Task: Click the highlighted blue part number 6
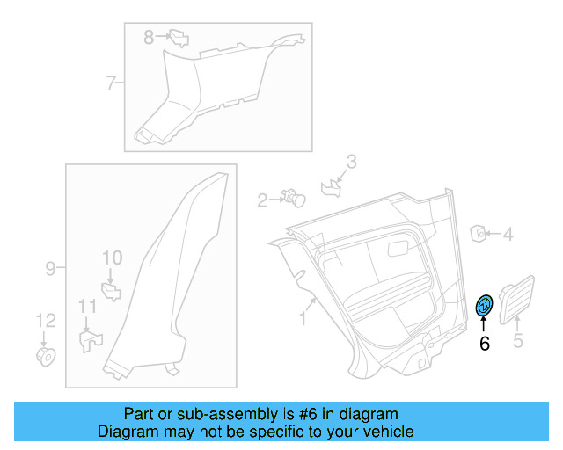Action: point(484,306)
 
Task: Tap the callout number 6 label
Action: point(484,344)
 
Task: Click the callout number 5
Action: point(518,340)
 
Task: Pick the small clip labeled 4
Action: point(480,233)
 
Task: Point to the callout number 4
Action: point(508,234)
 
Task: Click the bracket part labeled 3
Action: point(331,185)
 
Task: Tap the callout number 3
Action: point(351,162)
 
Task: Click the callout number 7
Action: point(112,83)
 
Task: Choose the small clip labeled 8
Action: point(179,38)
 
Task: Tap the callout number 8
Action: point(149,37)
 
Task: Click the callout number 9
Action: point(50,267)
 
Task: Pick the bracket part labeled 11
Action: point(90,338)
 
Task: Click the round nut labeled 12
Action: point(45,356)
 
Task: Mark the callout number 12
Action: point(45,320)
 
